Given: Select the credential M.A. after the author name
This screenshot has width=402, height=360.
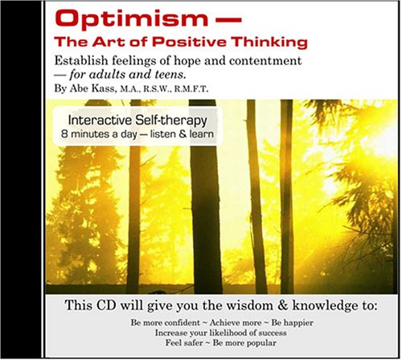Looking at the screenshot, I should pyautogui.click(x=136, y=90).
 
